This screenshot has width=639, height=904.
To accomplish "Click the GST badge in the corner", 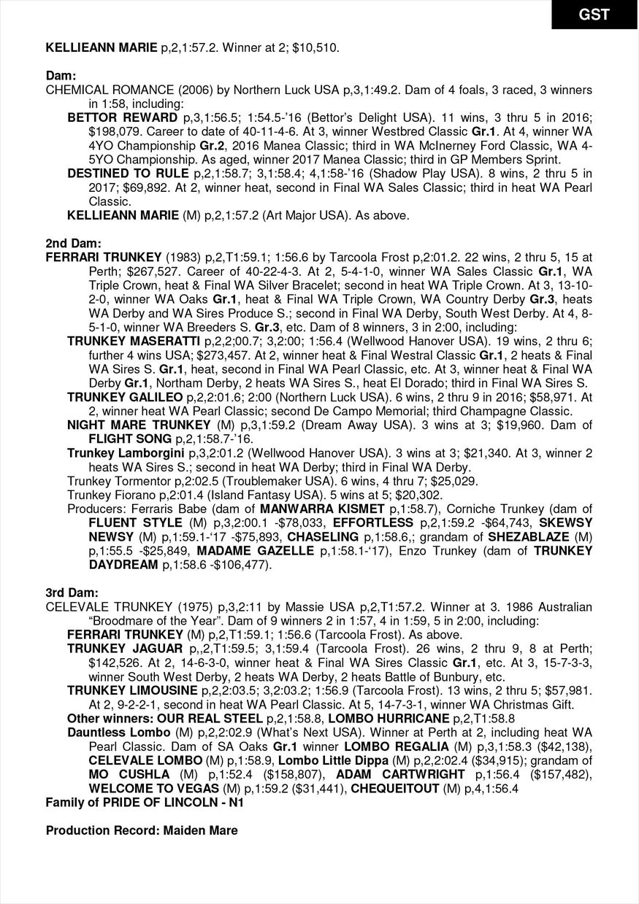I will [x=594, y=15].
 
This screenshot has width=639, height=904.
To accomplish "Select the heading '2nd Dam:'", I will [x=73, y=243].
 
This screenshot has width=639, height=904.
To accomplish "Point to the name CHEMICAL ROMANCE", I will [x=99, y=90].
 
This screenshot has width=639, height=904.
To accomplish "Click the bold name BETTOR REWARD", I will [x=122, y=117].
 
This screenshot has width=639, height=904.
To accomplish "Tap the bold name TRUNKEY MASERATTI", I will [x=134, y=341].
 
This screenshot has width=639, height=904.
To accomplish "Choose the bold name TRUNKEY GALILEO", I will [x=125, y=397].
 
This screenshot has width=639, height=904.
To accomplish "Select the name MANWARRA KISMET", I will [x=322, y=509].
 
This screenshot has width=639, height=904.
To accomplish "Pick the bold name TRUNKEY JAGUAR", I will [x=125, y=649].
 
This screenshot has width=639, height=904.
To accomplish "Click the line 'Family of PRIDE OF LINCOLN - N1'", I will [x=144, y=803].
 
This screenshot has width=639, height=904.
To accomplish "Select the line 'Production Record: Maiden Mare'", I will [x=142, y=830].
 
